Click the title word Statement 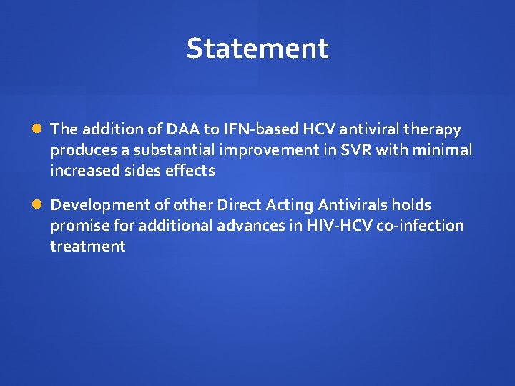(257, 49)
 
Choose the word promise (77, 226)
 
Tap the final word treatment (87, 247)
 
